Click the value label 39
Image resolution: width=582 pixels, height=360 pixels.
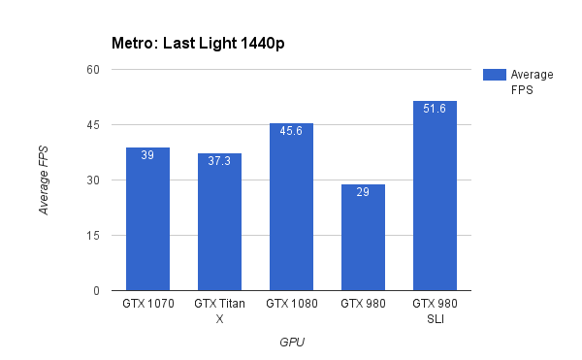click(x=147, y=155)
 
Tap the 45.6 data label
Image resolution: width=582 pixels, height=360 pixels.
click(x=291, y=131)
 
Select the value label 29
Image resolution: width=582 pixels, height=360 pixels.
click(x=363, y=192)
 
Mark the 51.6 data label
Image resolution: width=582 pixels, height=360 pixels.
click(x=435, y=109)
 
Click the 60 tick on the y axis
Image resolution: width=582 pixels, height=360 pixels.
click(x=93, y=70)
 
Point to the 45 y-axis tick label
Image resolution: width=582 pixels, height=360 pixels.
click(x=93, y=125)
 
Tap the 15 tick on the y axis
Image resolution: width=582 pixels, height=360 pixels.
click(x=93, y=236)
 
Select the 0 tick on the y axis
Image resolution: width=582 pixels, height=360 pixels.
click(x=96, y=291)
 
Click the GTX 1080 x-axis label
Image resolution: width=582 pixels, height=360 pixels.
click(x=291, y=305)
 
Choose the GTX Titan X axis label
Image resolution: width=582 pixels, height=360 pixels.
click(x=219, y=311)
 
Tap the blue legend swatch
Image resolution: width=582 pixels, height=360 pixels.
click(x=494, y=75)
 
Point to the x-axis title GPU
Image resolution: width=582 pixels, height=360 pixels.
click(x=291, y=342)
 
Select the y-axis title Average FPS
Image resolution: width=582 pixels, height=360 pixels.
click(x=44, y=180)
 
